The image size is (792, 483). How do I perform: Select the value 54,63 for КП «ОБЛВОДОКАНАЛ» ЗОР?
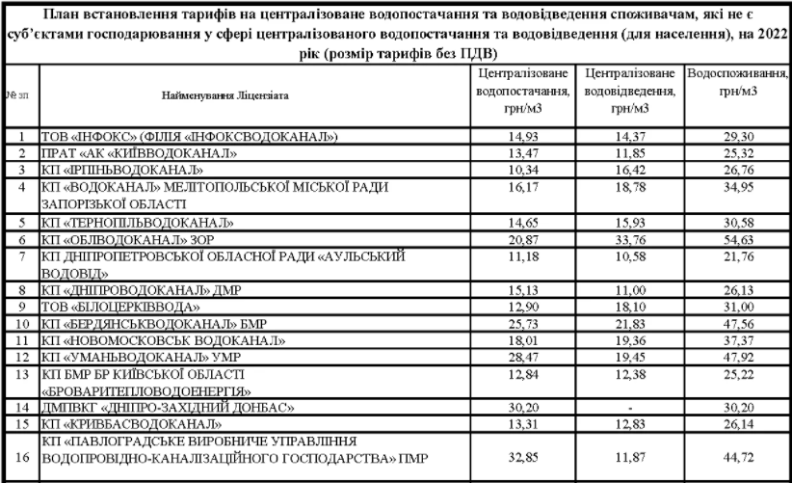738,239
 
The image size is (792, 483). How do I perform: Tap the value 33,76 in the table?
629,239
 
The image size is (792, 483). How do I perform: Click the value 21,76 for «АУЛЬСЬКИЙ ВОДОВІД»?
738,256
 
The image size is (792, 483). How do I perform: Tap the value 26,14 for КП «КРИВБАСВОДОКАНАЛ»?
738,425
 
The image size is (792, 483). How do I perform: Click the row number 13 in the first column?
20,374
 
